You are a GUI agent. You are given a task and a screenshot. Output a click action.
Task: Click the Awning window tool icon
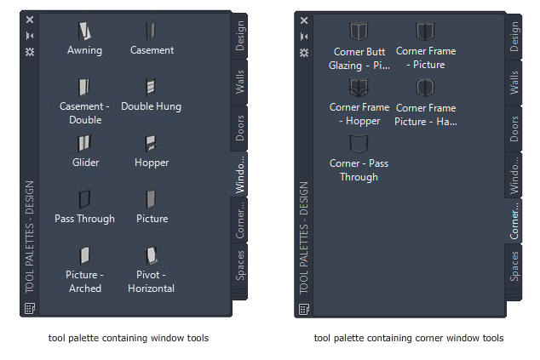(x=84, y=31)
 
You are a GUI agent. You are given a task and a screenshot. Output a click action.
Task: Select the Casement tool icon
(x=151, y=31)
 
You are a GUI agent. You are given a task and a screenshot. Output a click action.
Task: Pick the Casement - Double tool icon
(x=84, y=87)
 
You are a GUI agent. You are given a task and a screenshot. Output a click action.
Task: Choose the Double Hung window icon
(x=151, y=87)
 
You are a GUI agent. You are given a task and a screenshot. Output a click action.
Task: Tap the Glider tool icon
(x=84, y=143)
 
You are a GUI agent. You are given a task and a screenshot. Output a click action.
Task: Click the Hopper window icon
(x=151, y=143)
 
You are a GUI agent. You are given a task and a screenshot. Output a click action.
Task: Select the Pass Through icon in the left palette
(x=84, y=199)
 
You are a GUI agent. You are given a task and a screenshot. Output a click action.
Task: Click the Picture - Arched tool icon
(x=84, y=255)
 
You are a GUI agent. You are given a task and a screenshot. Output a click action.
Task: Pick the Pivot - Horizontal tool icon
(x=151, y=255)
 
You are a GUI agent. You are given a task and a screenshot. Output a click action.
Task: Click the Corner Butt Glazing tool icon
(x=358, y=31)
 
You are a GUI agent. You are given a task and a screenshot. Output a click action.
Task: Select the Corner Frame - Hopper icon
(x=359, y=88)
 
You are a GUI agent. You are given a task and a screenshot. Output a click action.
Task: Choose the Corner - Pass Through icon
(x=359, y=143)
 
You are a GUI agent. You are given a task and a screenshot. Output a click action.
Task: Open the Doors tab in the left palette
(x=240, y=129)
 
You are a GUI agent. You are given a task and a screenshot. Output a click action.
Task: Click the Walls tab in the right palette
(x=514, y=83)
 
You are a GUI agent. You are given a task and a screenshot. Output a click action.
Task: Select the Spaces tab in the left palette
(x=240, y=266)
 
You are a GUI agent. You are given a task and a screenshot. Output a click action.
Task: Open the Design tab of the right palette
(x=514, y=37)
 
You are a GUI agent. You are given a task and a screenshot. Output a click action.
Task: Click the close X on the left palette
(x=30, y=19)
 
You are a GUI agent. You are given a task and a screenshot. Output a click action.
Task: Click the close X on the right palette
(x=304, y=19)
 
